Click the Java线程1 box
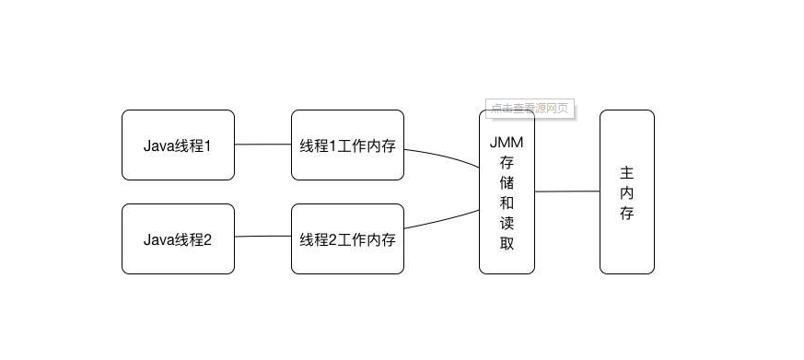[178, 145]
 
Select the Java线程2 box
[178, 238]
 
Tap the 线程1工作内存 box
[347, 145]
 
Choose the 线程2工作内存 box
[347, 238]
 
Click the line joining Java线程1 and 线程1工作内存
[262, 145]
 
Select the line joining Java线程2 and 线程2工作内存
[262, 237]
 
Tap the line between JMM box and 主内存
[566, 192]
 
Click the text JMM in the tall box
[507, 142]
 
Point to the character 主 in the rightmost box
[627, 172]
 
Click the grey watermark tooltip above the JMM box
[530, 109]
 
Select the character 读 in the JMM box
[507, 223]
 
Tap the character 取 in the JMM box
[507, 243]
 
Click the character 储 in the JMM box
[507, 182]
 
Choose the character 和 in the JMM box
[507, 203]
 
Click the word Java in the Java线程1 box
[157, 145]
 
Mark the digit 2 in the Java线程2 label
[207, 239]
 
